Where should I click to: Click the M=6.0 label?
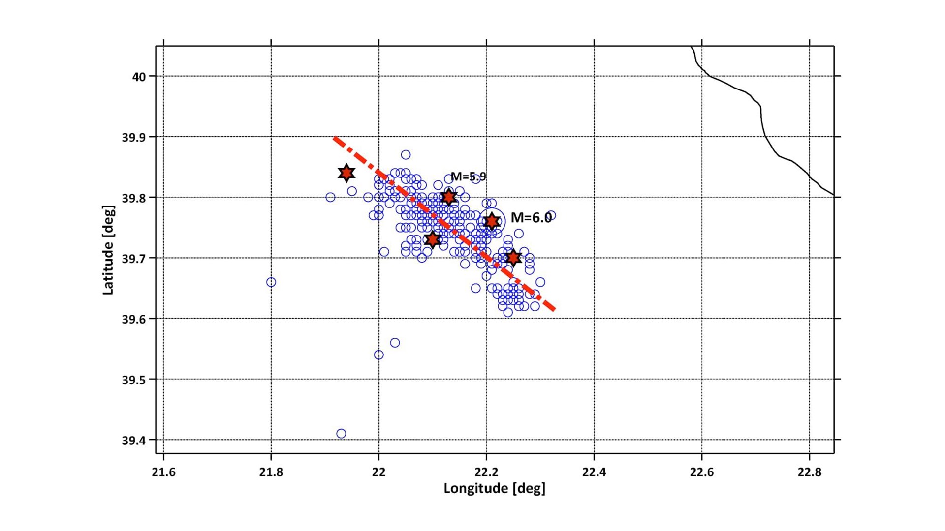531,218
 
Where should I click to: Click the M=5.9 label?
468,177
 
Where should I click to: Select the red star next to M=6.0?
492,222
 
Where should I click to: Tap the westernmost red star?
346,173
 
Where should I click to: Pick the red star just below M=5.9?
448,197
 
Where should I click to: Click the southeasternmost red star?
513,258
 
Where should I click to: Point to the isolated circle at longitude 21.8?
271,282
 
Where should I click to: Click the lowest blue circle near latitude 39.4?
341,434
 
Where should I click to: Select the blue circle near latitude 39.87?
406,155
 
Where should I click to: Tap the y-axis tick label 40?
139,77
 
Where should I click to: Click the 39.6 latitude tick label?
134,319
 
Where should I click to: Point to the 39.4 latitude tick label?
134,441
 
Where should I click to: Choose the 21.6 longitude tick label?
163,472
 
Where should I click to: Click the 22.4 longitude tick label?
594,472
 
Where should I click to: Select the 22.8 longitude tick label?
810,472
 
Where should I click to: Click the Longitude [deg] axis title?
494,488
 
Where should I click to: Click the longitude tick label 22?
378,472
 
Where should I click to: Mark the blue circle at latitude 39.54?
378,355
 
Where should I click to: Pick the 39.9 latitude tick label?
134,137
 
